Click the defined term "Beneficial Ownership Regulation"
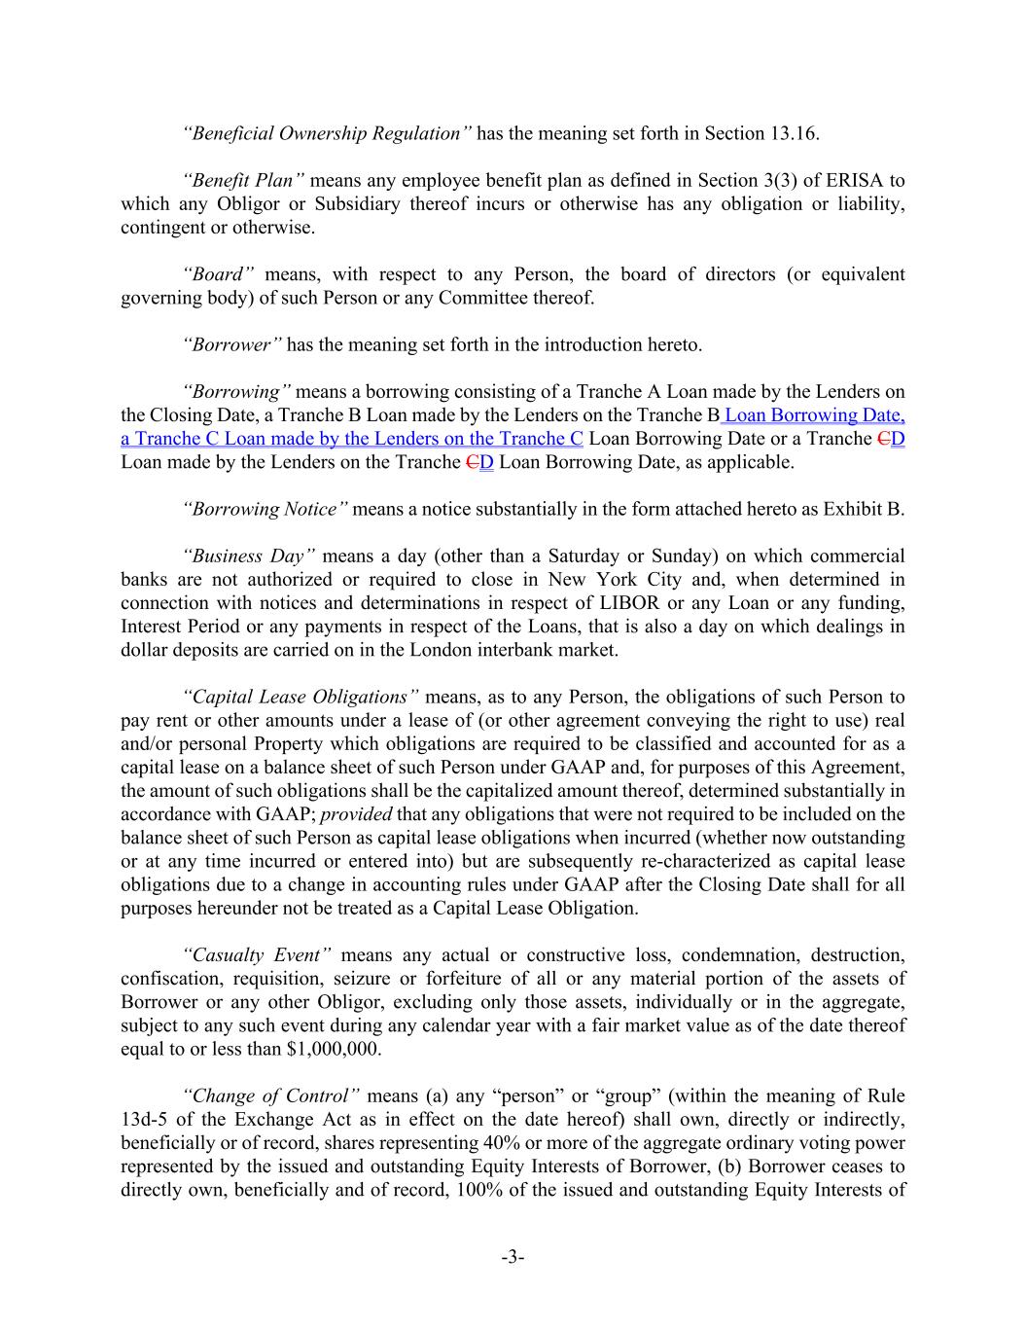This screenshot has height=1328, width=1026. click(328, 133)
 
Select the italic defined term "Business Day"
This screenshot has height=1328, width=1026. click(248, 556)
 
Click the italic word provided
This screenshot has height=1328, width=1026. click(356, 814)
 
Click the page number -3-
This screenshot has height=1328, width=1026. click(513, 1258)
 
